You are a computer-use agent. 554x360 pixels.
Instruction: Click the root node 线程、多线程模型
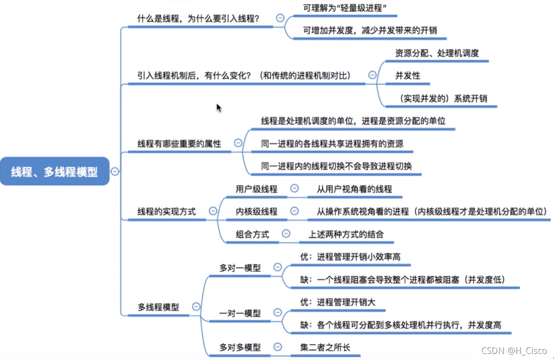[55, 171]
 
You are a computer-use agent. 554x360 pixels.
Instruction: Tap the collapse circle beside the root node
[115, 171]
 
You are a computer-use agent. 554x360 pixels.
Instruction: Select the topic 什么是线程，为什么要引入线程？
[198, 18]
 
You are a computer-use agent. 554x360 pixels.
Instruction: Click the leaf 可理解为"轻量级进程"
[345, 8]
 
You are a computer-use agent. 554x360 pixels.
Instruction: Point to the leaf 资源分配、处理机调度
[437, 53]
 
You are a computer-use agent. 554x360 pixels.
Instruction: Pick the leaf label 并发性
[407, 76]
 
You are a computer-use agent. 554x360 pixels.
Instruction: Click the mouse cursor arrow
[219, 108]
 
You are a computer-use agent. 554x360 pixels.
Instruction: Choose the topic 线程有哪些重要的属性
[179, 144]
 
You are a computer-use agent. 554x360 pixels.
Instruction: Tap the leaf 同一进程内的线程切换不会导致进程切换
[336, 166]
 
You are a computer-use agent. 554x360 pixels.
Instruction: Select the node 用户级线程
[256, 189]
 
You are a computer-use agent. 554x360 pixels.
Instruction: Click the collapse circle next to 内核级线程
[294, 211]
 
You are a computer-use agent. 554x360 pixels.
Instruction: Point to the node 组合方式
[252, 234]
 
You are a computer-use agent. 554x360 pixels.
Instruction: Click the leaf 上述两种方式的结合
[346, 234]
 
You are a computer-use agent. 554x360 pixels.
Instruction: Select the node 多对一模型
[240, 268]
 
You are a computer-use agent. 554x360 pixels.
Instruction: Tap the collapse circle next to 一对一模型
[278, 312]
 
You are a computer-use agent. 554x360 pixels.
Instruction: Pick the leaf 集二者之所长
[325, 347]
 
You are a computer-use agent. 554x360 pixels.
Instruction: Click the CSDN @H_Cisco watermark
[514, 350]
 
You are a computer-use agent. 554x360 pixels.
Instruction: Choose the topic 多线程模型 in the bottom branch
[158, 307]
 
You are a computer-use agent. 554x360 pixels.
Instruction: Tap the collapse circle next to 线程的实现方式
[213, 211]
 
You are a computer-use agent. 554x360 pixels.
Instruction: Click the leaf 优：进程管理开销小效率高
[350, 257]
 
